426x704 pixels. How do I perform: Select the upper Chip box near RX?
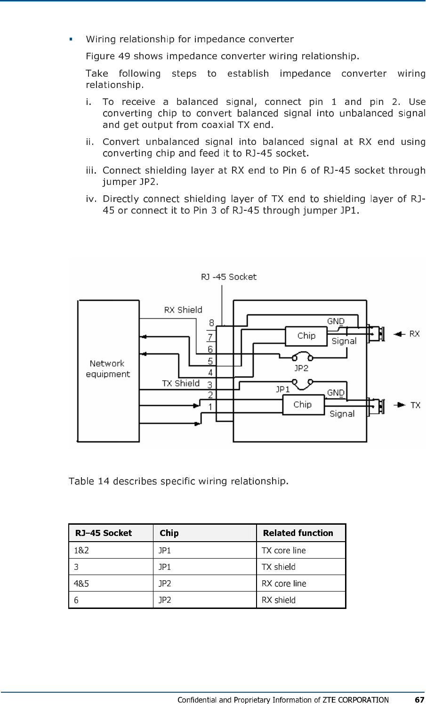click(306, 336)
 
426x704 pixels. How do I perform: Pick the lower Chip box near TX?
click(303, 405)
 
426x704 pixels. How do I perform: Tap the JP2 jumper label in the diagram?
click(301, 368)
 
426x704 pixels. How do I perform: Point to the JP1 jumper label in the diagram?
click(283, 389)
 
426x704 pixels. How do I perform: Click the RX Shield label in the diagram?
click(183, 310)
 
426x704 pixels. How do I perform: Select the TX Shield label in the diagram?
click(181, 383)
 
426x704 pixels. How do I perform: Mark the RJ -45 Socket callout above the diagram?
click(229, 277)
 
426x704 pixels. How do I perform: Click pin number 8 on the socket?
click(211, 323)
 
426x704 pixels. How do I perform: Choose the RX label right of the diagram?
click(414, 334)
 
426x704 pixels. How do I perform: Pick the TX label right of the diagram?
click(415, 405)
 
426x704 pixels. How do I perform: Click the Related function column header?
click(298, 533)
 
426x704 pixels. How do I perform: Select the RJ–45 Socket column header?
click(104, 533)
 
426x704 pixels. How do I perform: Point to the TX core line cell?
click(283, 550)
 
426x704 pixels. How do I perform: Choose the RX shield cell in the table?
click(279, 600)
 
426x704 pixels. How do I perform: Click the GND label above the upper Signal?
click(336, 321)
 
